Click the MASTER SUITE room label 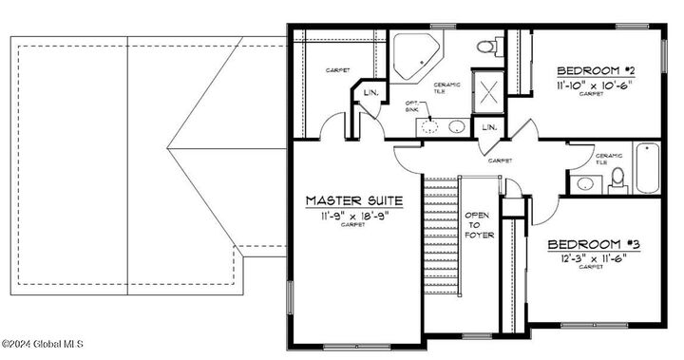[x=353, y=200]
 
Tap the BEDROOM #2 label [x=595, y=69]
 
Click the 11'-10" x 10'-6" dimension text [x=595, y=84]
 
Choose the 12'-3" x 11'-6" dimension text [x=591, y=257]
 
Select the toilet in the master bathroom [x=489, y=46]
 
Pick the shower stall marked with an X [x=492, y=93]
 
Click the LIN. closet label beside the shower [x=489, y=127]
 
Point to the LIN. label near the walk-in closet [x=370, y=92]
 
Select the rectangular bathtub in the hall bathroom [x=644, y=167]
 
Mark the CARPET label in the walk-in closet [x=337, y=70]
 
